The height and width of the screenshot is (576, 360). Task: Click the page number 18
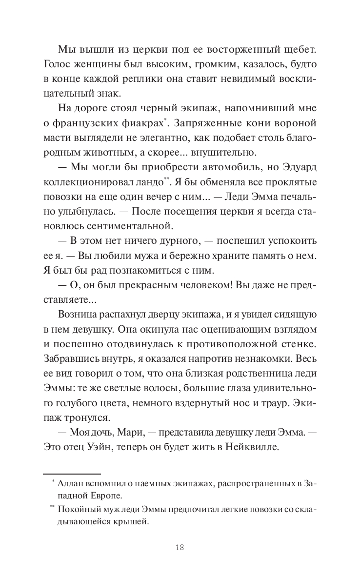(x=180, y=547)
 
